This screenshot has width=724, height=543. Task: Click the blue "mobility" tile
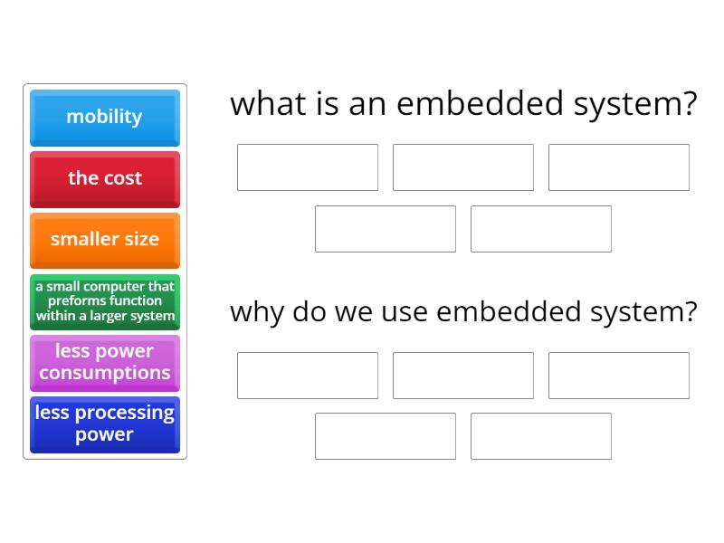pos(104,117)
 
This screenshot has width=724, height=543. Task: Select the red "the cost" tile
pos(104,178)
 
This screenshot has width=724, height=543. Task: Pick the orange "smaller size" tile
pos(104,240)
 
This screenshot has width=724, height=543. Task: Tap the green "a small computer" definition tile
pos(104,301)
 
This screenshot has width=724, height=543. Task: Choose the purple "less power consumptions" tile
pos(104,362)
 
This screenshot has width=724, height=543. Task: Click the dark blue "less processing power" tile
pos(104,424)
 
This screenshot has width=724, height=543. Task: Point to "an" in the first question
pos(370,104)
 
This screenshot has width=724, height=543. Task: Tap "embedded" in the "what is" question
pos(481,104)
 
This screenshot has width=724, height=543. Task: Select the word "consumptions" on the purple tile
pos(104,373)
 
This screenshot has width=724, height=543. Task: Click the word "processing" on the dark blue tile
pos(124,413)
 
